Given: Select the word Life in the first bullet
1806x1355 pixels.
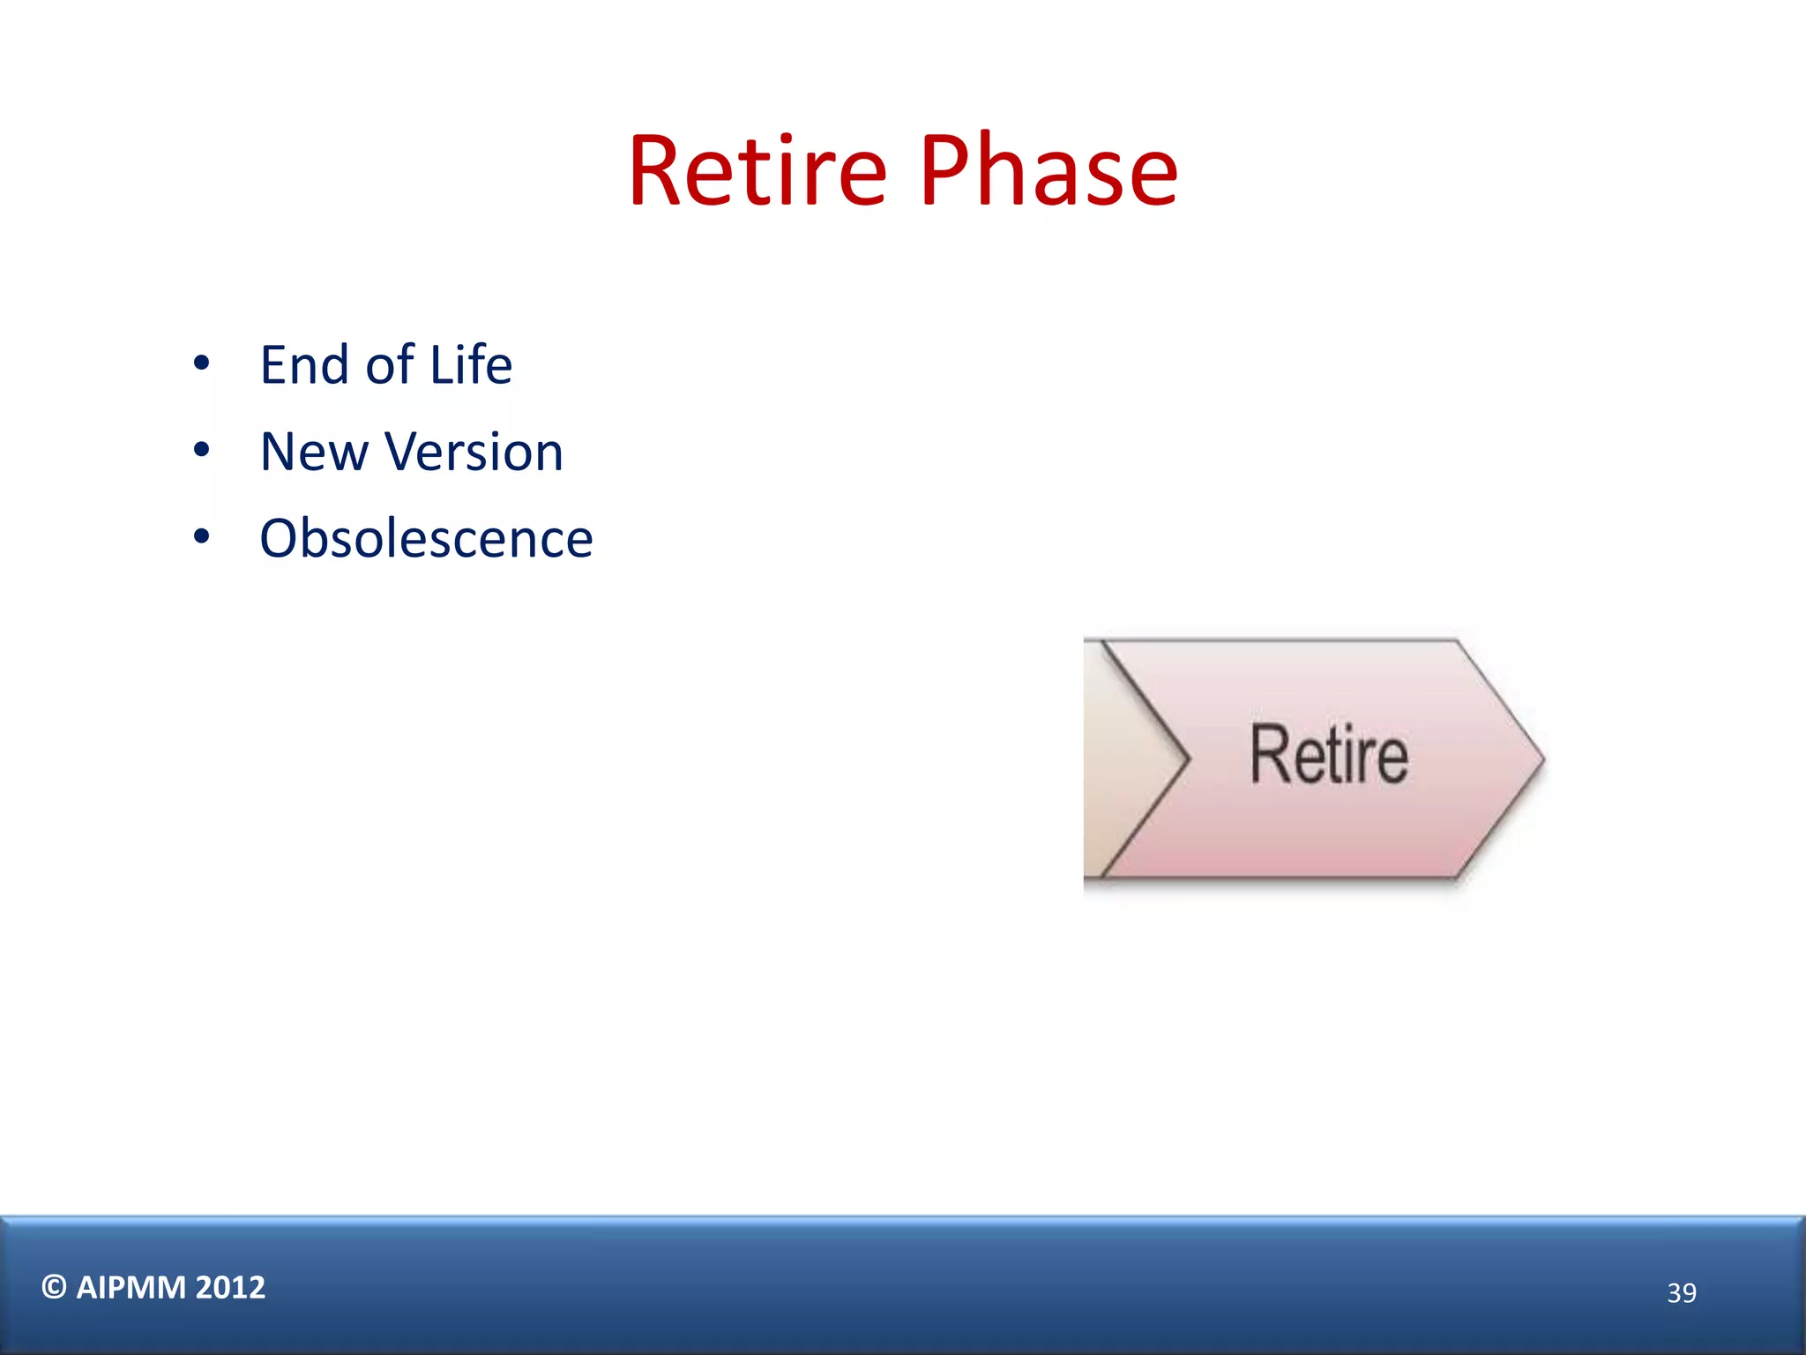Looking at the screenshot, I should (470, 364).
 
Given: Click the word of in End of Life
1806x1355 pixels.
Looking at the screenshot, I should (389, 364).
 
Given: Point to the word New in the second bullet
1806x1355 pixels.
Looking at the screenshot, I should (314, 452).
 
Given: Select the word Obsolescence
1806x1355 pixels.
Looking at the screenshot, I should (426, 538).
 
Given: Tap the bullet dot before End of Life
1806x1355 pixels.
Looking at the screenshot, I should (202, 363).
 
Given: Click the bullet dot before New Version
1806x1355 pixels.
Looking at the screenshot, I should (202, 451).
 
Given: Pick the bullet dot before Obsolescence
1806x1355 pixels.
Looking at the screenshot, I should (202, 537).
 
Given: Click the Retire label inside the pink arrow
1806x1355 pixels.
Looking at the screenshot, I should (1329, 755).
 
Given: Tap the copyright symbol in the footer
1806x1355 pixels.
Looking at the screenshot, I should (54, 1287).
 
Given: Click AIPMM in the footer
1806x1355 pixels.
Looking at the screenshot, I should (131, 1287).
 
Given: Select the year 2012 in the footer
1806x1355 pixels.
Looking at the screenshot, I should (230, 1287).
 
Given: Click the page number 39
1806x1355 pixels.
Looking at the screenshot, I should (1681, 1292).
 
